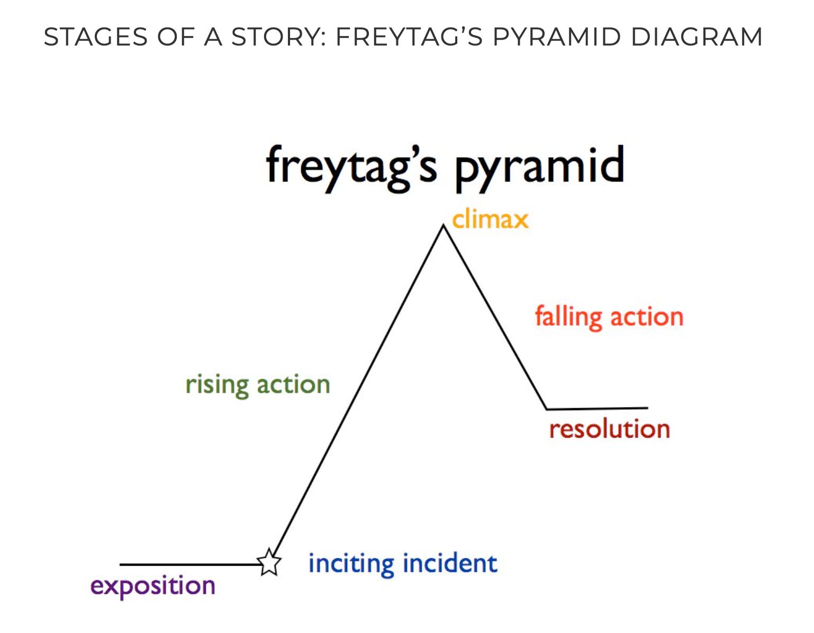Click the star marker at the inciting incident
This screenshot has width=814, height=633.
269,562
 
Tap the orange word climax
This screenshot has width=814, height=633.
490,219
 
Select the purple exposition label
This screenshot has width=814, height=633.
153,586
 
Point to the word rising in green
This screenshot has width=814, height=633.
216,385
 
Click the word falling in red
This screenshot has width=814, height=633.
568,317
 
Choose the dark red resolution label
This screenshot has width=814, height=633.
609,429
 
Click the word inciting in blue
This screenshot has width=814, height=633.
351,563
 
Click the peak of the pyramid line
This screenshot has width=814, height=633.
443,226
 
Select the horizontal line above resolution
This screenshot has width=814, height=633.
597,408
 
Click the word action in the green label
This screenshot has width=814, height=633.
293,385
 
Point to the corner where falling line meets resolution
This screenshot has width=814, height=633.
546,409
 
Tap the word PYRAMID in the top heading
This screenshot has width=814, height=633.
556,37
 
